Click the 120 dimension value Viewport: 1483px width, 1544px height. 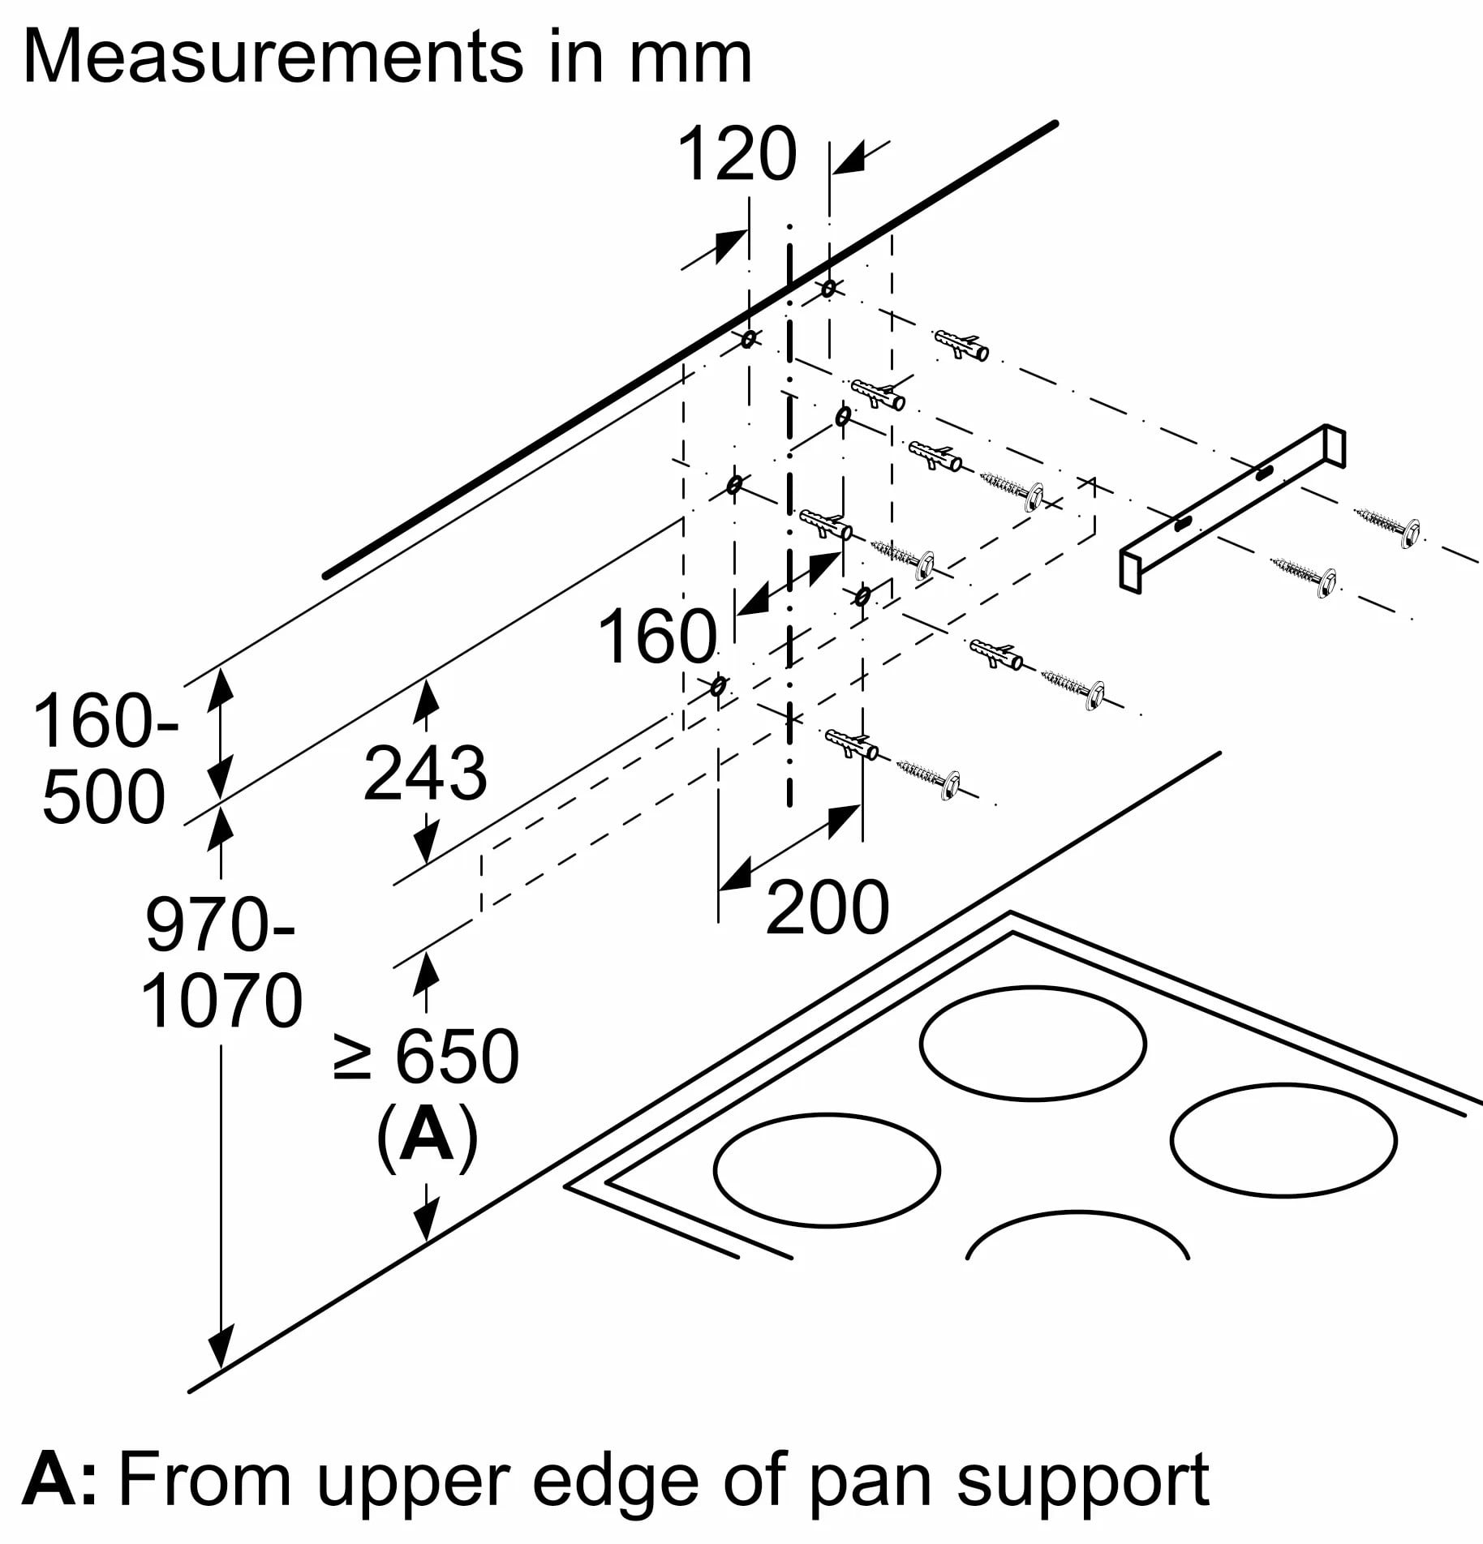click(737, 154)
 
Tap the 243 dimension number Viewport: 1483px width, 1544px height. click(424, 774)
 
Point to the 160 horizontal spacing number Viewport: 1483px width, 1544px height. click(657, 637)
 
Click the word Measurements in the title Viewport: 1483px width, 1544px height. click(273, 57)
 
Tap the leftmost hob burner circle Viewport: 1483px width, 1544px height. click(827, 1169)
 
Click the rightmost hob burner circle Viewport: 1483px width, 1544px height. click(1283, 1140)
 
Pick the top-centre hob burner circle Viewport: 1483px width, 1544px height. click(1034, 1043)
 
